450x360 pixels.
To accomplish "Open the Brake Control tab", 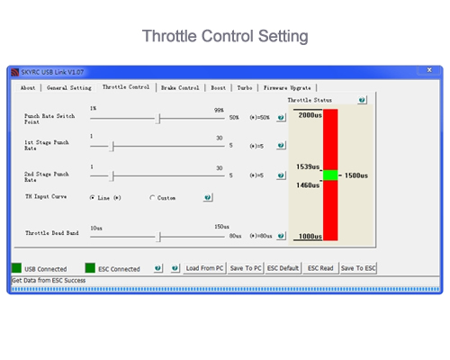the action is [180, 88].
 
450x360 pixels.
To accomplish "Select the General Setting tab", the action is [69, 88].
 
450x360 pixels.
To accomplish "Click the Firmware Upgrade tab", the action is [287, 88].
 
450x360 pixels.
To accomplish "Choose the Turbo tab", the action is [245, 88].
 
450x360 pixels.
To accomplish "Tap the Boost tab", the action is [218, 88].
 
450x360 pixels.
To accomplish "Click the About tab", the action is [28, 88].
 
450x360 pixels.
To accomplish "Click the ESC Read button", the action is [320, 268].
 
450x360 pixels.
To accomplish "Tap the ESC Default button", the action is [283, 268].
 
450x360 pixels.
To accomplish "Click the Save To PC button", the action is [246, 268].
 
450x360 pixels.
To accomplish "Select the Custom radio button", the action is [152, 198].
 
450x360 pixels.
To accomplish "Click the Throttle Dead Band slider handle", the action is [159, 237].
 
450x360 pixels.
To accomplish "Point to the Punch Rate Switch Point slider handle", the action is [159, 119].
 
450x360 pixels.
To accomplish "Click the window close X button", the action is [429, 70].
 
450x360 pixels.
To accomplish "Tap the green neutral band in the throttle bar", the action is [330, 175].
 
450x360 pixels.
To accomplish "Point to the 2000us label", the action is [310, 115].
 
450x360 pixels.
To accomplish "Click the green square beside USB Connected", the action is [16, 268].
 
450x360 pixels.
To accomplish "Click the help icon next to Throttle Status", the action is [362, 100].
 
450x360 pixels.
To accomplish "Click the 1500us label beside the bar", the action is [356, 175].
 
